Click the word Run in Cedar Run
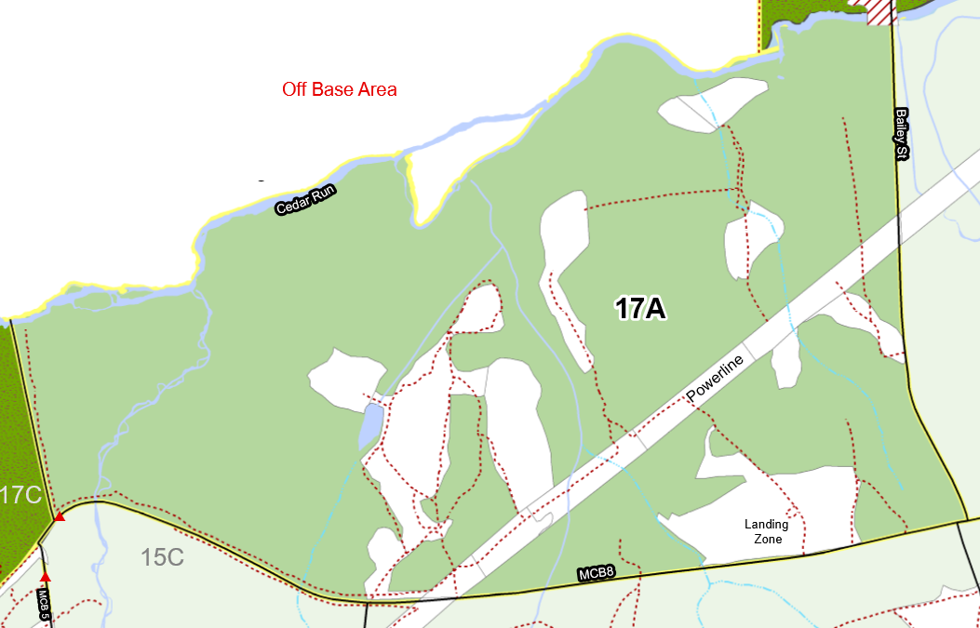coord(324,194)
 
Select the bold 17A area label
coord(640,308)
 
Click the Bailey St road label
coord(901,134)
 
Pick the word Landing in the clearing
coord(766,524)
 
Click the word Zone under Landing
coord(767,539)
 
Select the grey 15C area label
coord(162,558)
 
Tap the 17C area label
coord(20,495)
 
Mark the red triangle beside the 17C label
coord(60,516)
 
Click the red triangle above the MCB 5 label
coord(45,577)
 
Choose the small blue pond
coord(371,424)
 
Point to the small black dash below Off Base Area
coord(262,180)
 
